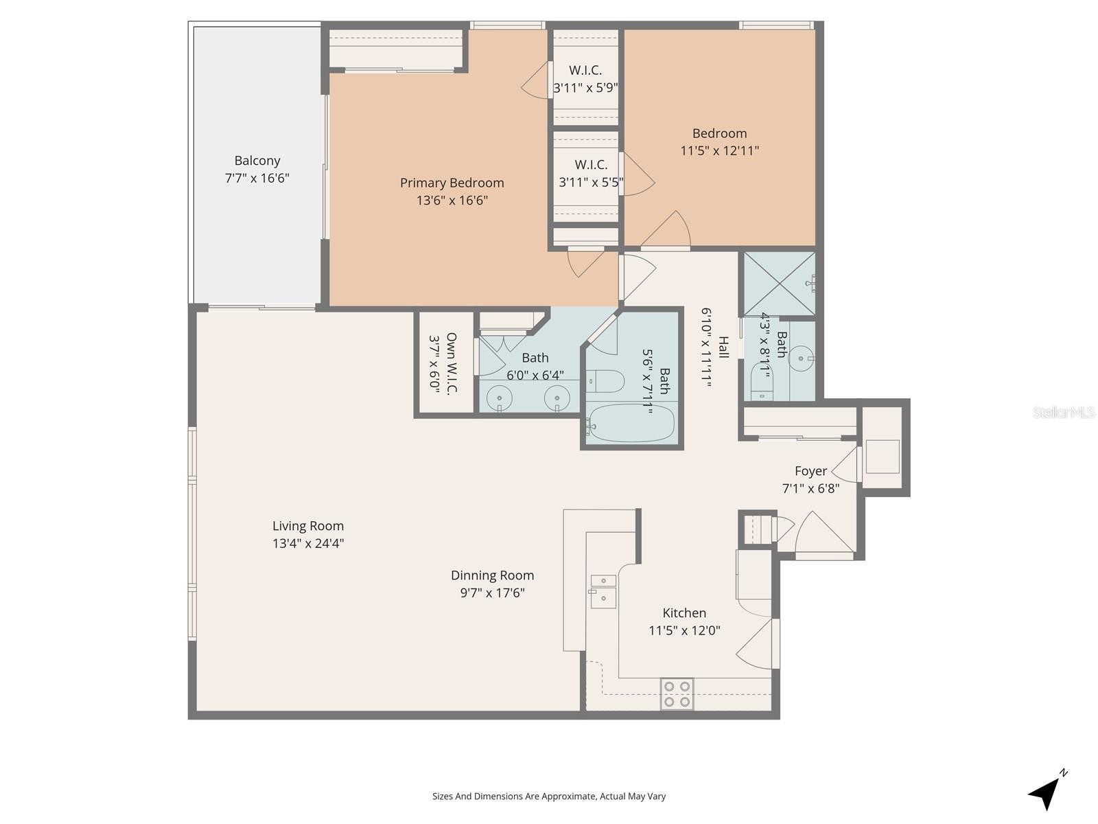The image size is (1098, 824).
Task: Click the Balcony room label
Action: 257,161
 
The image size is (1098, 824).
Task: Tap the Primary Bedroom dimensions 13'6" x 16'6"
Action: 452,201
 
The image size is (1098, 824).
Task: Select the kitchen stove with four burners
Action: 677,694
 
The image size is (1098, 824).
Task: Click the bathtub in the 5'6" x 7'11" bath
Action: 631,423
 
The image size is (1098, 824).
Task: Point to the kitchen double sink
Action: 603,591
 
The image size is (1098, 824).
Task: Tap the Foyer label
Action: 810,471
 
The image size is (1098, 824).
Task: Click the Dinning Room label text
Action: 492,575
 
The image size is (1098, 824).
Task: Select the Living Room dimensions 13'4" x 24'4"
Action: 307,543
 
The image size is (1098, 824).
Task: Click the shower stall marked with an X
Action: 780,284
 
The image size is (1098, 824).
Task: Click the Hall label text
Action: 723,347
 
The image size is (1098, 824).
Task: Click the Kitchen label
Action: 684,613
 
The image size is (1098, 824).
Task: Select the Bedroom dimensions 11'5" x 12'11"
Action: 719,150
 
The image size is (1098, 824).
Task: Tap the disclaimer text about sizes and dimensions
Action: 548,797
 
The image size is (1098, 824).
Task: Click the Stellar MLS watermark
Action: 1063,412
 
